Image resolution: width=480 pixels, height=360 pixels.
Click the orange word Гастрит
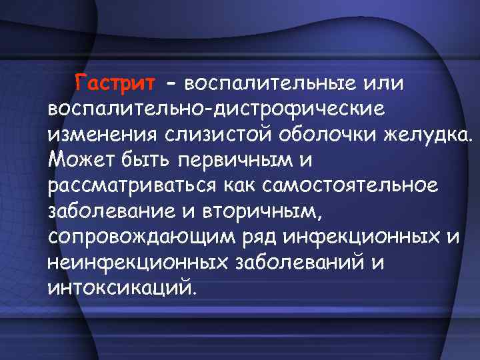[x=115, y=85]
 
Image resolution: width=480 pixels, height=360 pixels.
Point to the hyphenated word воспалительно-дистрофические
[x=215, y=108]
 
